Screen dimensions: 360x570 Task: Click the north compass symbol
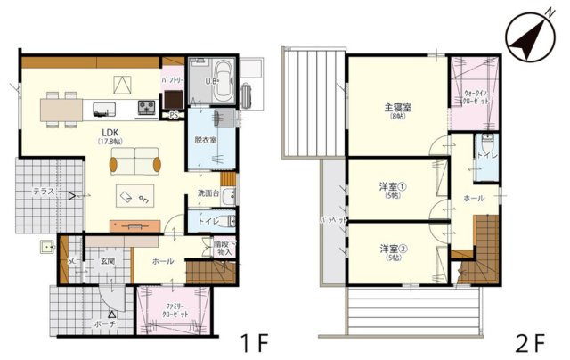coord(526,37)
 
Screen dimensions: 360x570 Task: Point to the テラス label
coord(45,192)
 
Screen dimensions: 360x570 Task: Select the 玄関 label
coord(108,261)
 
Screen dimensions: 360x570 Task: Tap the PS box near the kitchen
coord(174,114)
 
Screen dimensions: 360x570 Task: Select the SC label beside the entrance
coord(71,261)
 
